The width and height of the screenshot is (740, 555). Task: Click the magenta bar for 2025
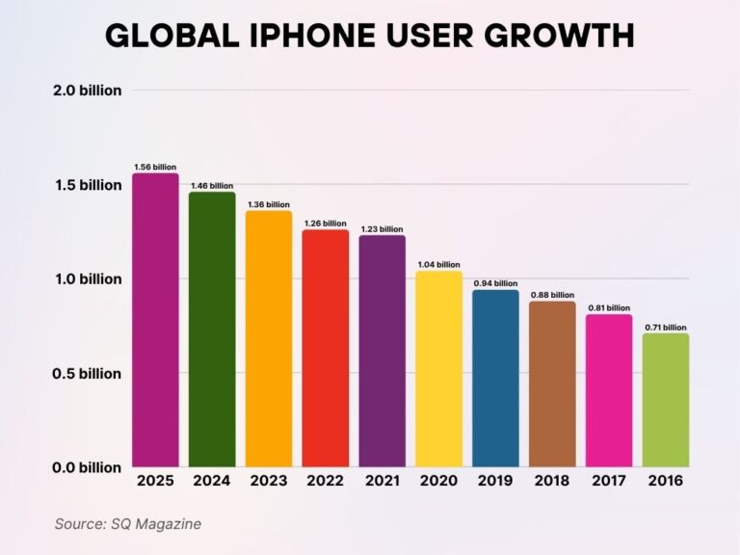[x=155, y=320]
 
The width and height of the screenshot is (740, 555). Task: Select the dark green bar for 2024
[x=212, y=330]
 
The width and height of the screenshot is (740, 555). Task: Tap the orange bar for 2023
[x=269, y=339]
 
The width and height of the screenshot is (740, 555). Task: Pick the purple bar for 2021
[x=383, y=351]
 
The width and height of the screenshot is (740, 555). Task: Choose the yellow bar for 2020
[x=439, y=369]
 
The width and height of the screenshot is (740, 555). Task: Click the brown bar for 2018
[x=552, y=384]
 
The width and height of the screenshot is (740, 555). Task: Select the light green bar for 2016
[x=666, y=400]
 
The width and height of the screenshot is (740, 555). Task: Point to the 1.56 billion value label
[x=155, y=167]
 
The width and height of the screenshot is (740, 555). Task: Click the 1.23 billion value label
[x=383, y=229]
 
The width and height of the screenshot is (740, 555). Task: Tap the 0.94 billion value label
[x=495, y=284]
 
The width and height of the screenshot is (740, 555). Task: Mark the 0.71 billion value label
[x=666, y=328]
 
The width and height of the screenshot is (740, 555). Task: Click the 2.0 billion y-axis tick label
[x=87, y=91]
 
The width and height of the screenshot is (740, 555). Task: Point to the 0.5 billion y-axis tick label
[x=87, y=373]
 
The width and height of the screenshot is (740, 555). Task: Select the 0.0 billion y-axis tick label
[x=87, y=467]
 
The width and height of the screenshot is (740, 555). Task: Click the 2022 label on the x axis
[x=326, y=480]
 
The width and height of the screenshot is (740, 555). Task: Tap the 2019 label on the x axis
[x=495, y=480]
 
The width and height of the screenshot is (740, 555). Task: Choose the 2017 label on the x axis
[x=609, y=480]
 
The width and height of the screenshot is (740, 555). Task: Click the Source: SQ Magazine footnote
[x=127, y=523]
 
